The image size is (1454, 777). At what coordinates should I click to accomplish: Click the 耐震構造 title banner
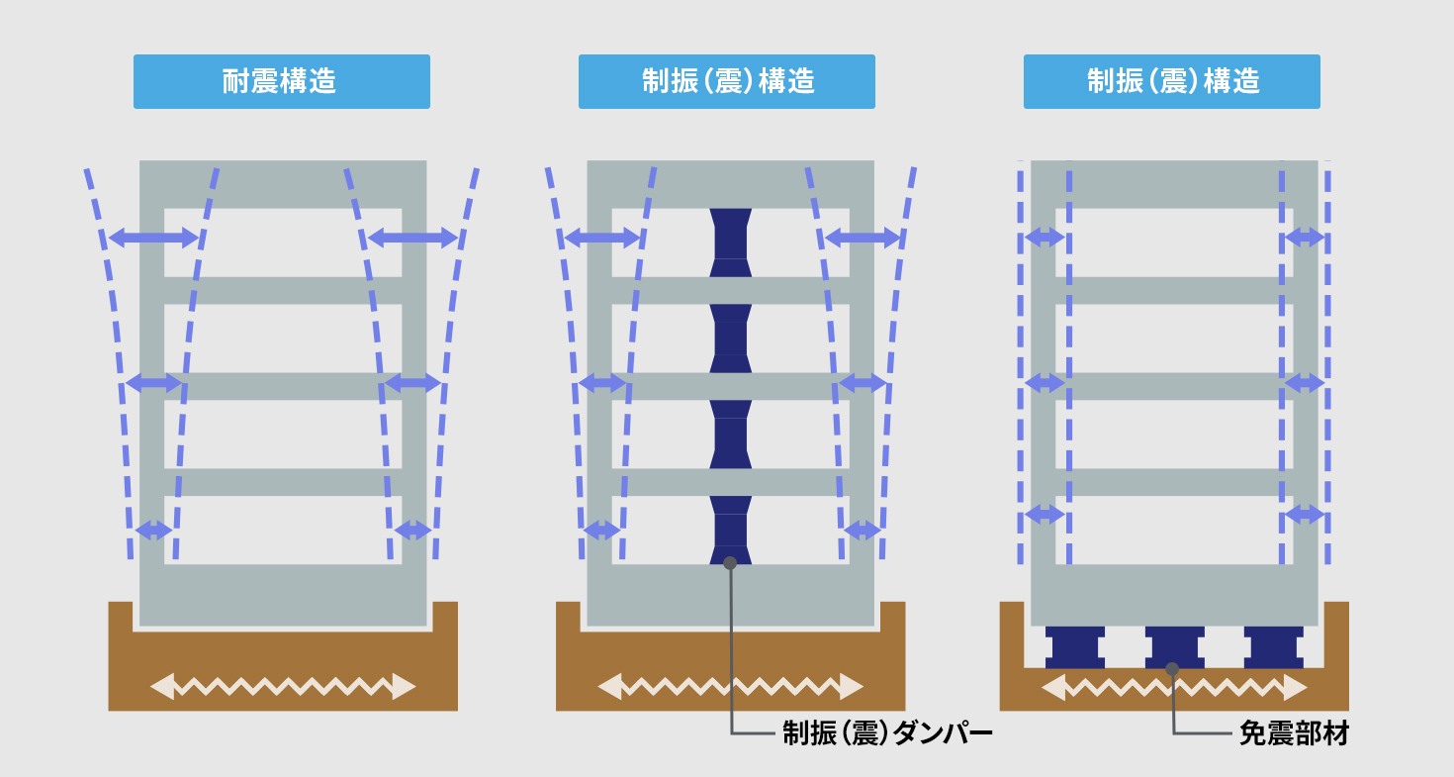pos(282,81)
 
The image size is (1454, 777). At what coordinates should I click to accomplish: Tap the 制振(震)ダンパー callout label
pos(887,733)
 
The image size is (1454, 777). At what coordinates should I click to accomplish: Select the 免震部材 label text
pos(1295,733)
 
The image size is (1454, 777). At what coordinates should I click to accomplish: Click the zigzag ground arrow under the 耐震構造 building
pos(283,687)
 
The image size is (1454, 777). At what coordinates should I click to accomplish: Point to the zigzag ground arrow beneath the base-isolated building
pos(1174,687)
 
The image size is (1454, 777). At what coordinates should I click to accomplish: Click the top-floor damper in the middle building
pos(730,243)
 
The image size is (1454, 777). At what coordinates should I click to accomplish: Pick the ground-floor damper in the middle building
pos(730,531)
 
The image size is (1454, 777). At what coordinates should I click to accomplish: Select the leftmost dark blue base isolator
pos(1075,647)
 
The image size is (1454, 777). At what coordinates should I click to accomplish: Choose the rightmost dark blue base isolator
pos(1274,647)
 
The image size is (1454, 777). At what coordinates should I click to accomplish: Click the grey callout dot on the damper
pos(730,563)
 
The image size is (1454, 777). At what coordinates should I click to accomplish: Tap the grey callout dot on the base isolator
pos(1172,668)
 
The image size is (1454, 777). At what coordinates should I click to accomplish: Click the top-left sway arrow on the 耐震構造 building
pos(153,238)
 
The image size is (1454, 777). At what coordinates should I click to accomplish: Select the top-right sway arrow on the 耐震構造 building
pos(412,238)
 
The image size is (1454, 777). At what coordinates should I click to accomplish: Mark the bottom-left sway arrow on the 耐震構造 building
pos(154,531)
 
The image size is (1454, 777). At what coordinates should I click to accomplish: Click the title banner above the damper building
pos(727,81)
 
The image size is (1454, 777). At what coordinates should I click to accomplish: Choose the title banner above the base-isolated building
pos(1172,81)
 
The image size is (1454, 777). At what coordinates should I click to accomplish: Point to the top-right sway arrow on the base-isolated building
pos(1305,238)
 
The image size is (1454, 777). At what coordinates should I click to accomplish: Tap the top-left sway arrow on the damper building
pos(602,238)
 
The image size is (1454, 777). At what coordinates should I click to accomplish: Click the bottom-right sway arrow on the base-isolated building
pos(1305,515)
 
